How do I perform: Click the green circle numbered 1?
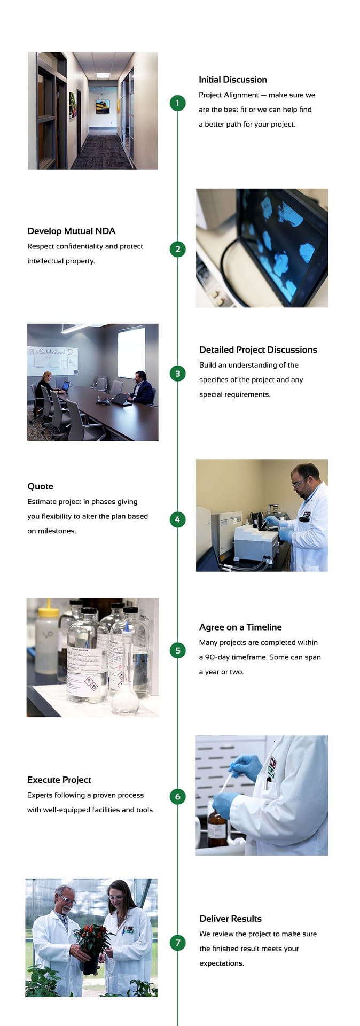coord(177,103)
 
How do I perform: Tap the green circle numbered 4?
coord(177,519)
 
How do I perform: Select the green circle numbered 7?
coord(177,942)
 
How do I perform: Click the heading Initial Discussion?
coord(232,80)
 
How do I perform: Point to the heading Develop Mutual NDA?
coord(71,231)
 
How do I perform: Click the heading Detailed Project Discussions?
coord(258,349)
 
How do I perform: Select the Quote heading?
coord(40,486)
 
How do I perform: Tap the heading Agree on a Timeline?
coord(240,627)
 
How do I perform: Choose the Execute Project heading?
coord(59,780)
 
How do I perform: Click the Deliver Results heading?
coord(230,919)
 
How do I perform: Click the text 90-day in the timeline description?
coord(217,657)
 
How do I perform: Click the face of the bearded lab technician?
coord(302,478)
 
